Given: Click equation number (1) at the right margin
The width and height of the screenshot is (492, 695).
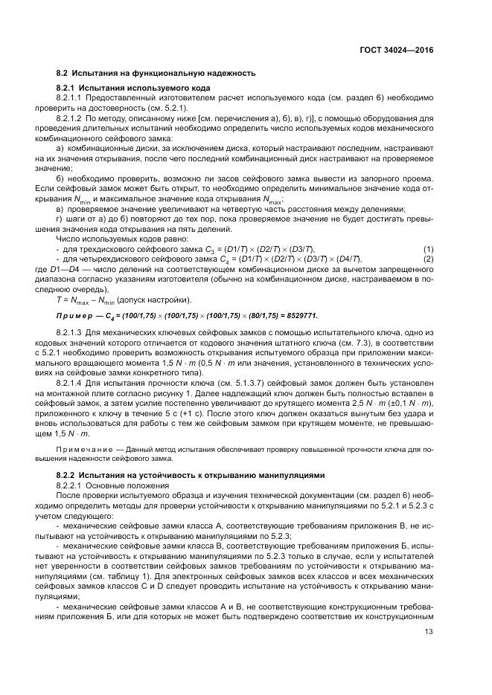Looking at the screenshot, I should (429, 248).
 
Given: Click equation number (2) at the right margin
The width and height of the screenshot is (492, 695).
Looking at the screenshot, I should (429, 258).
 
